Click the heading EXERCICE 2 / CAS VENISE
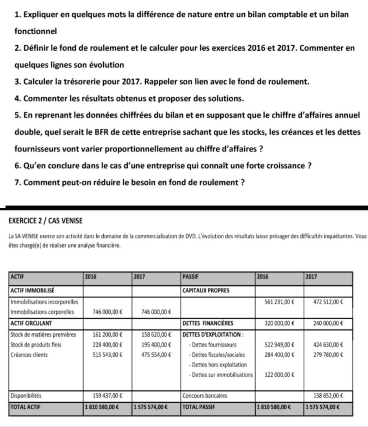click(x=45, y=221)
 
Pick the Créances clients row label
click(x=29, y=355)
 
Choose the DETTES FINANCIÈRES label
click(x=208, y=324)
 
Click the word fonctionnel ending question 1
click(x=36, y=30)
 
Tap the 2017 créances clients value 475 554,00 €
click(x=156, y=355)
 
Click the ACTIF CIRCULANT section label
click(x=32, y=324)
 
